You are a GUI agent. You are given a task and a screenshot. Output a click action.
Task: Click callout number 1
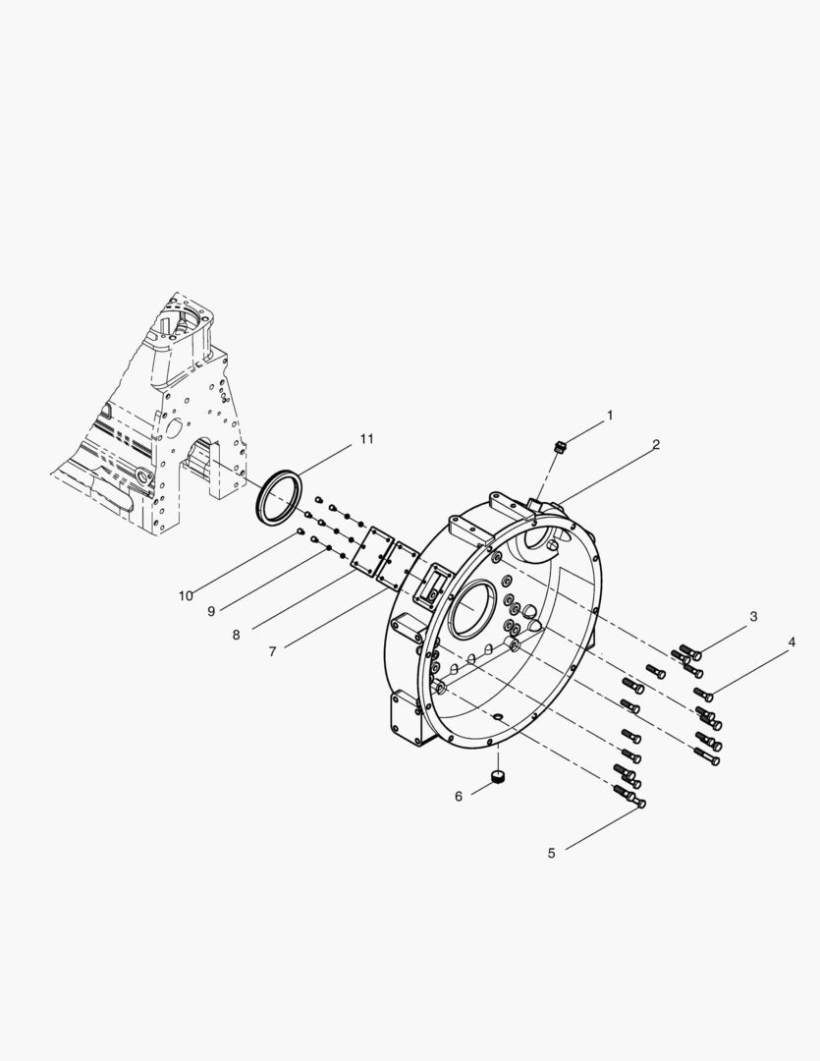(610, 415)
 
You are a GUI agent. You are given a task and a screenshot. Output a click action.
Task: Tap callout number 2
(656, 445)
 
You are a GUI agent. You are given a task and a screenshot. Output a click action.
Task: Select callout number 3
(753, 616)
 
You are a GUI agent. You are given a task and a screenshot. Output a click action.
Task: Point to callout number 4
(791, 642)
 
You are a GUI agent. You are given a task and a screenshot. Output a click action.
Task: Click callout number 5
(551, 854)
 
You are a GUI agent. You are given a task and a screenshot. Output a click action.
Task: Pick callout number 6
(458, 797)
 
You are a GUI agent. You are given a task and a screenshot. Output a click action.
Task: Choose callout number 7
(272, 651)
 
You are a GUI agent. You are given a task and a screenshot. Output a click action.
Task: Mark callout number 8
(236, 635)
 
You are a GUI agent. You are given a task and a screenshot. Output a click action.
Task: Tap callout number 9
(211, 611)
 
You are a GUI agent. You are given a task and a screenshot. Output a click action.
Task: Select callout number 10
(186, 595)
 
